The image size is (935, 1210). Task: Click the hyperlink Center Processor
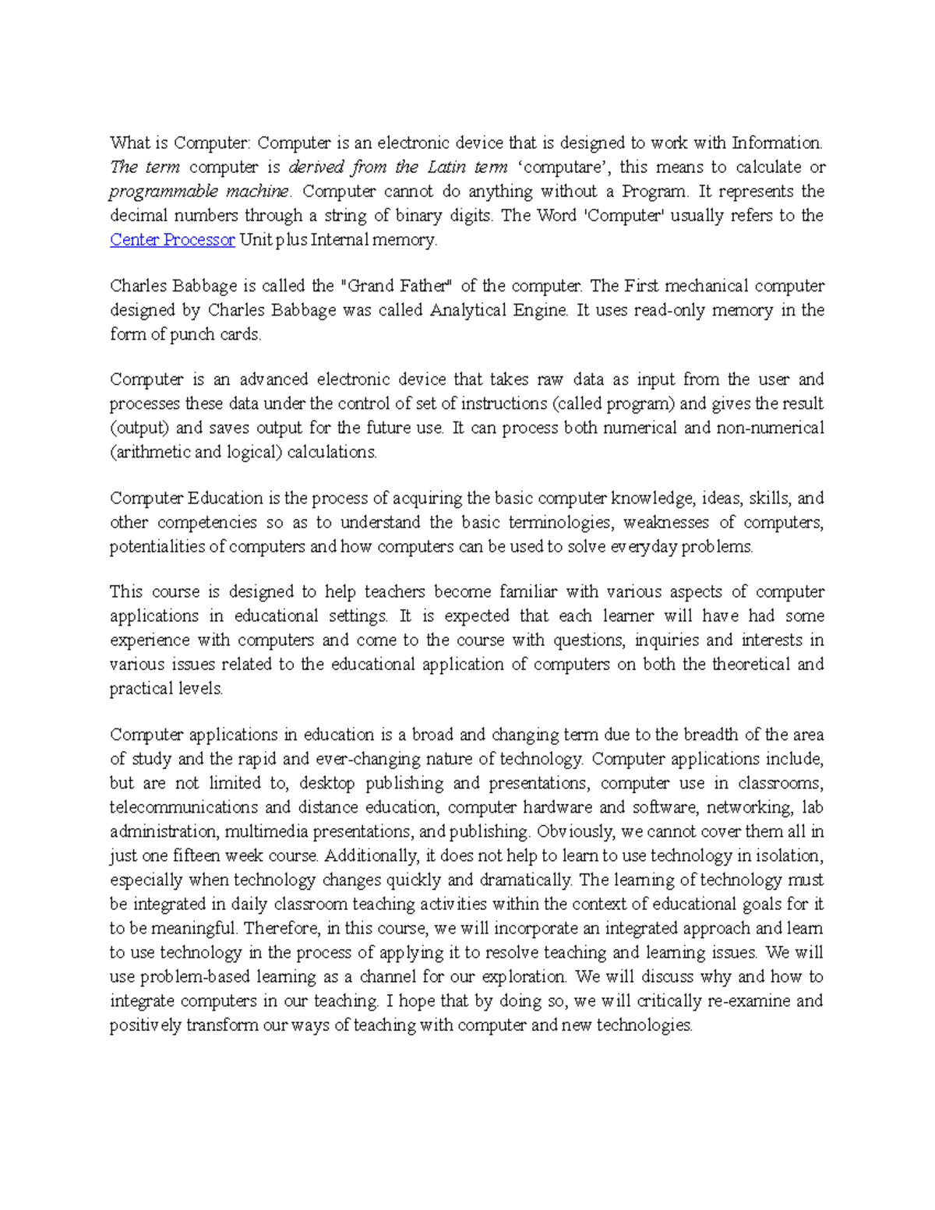(172, 240)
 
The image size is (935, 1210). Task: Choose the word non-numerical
(770, 428)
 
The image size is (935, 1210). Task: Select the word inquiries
(666, 640)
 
